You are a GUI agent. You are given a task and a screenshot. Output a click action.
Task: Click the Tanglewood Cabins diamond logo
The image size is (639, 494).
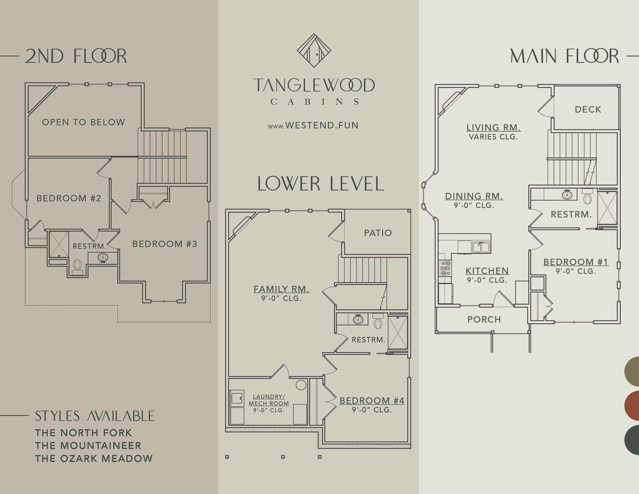click(x=314, y=50)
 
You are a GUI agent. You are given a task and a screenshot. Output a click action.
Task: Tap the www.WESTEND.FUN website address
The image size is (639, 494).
click(x=313, y=125)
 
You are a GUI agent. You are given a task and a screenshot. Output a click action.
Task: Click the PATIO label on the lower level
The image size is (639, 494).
click(x=378, y=233)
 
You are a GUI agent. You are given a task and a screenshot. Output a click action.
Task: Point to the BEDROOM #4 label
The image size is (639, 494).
click(x=372, y=401)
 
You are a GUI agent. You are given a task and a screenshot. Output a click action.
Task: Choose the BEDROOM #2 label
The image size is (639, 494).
click(x=69, y=198)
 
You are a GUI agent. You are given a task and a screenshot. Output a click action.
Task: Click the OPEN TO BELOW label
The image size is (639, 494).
click(x=83, y=122)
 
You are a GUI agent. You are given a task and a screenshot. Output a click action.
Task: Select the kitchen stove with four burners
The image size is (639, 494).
click(x=445, y=268)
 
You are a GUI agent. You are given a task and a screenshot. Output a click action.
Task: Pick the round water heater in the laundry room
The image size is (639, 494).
click(x=301, y=385)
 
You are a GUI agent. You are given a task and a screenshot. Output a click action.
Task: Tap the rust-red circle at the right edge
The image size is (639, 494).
click(x=632, y=406)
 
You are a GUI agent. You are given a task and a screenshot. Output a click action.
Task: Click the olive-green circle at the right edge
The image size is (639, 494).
click(x=632, y=371)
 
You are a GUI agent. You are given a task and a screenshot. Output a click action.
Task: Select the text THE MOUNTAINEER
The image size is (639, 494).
click(x=88, y=446)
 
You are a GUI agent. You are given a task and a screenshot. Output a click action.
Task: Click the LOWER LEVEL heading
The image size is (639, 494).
click(x=320, y=184)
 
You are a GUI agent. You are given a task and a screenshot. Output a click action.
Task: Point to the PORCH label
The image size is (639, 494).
click(x=484, y=320)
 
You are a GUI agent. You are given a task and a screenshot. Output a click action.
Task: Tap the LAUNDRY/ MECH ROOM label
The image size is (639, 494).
click(x=269, y=400)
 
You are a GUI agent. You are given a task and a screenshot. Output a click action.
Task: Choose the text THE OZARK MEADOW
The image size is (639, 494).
click(x=94, y=459)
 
